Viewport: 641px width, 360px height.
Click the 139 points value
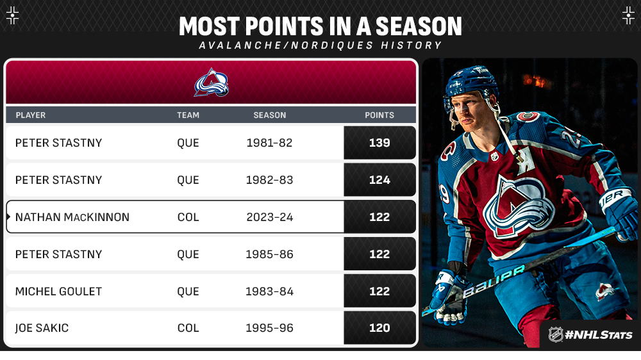(x=379, y=143)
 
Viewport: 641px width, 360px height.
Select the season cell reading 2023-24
(x=270, y=217)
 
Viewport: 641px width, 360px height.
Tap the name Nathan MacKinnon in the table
(x=72, y=217)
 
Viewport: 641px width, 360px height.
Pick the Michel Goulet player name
(x=58, y=291)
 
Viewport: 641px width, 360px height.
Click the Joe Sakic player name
(x=42, y=328)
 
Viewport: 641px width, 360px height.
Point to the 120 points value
(x=379, y=328)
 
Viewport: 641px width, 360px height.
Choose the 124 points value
(x=379, y=180)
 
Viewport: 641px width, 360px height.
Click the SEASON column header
(x=270, y=115)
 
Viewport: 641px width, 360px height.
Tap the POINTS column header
(x=379, y=115)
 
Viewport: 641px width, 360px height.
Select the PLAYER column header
(x=31, y=115)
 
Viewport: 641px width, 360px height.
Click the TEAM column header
(x=188, y=115)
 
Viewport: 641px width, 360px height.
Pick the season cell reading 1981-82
(x=269, y=143)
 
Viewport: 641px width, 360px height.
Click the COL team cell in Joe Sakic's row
(x=188, y=328)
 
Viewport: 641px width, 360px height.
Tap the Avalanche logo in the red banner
(x=211, y=83)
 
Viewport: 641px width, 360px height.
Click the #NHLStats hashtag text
(x=599, y=335)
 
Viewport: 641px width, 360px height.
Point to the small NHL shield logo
(x=556, y=334)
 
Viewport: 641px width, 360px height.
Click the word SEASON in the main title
(x=419, y=26)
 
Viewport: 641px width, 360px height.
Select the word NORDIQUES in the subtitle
(x=332, y=45)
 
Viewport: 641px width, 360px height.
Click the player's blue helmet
(x=470, y=85)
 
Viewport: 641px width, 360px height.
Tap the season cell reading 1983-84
(x=269, y=291)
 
